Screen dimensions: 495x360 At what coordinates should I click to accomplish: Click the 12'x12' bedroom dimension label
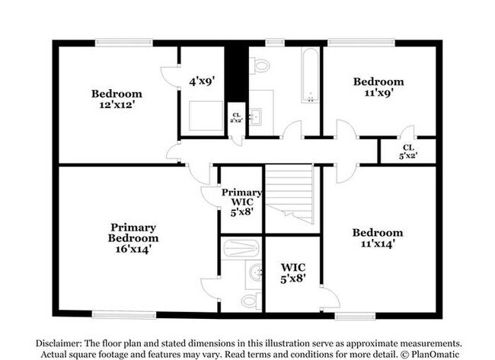(117, 104)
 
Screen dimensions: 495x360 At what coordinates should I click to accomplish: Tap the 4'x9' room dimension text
(202, 81)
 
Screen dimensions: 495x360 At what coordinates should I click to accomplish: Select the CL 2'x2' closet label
(236, 118)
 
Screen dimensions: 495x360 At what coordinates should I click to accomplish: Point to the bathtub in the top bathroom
(310, 75)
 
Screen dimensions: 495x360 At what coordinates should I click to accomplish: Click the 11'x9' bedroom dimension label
(378, 93)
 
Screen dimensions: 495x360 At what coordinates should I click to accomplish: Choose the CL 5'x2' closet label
(408, 151)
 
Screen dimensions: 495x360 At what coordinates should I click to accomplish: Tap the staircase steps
(289, 194)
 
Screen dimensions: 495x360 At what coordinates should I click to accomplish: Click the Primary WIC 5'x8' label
(241, 202)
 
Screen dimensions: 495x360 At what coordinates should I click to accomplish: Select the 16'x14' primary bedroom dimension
(133, 249)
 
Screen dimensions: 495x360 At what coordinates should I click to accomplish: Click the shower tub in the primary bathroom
(241, 249)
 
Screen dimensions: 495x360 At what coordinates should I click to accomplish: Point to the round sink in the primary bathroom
(255, 272)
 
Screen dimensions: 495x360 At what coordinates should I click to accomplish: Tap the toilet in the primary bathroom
(251, 301)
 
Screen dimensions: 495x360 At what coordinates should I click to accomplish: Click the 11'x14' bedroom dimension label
(378, 244)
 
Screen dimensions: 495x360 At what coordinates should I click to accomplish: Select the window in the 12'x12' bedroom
(124, 43)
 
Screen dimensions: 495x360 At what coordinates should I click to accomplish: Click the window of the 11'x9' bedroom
(361, 43)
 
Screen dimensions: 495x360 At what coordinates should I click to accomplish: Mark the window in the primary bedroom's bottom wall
(124, 314)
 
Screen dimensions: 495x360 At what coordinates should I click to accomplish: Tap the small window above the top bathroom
(275, 43)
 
